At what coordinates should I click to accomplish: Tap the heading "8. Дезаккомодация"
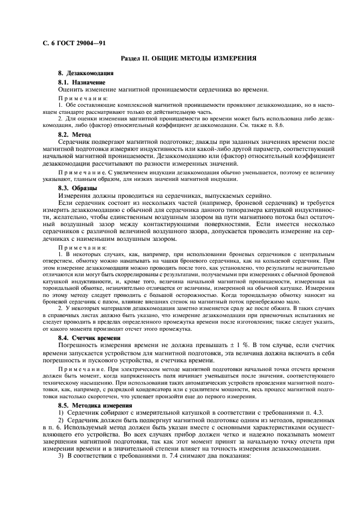(x=86, y=73)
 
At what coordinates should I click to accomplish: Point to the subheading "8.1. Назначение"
(x=82, y=82)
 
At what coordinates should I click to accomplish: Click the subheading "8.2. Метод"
(x=74, y=133)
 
